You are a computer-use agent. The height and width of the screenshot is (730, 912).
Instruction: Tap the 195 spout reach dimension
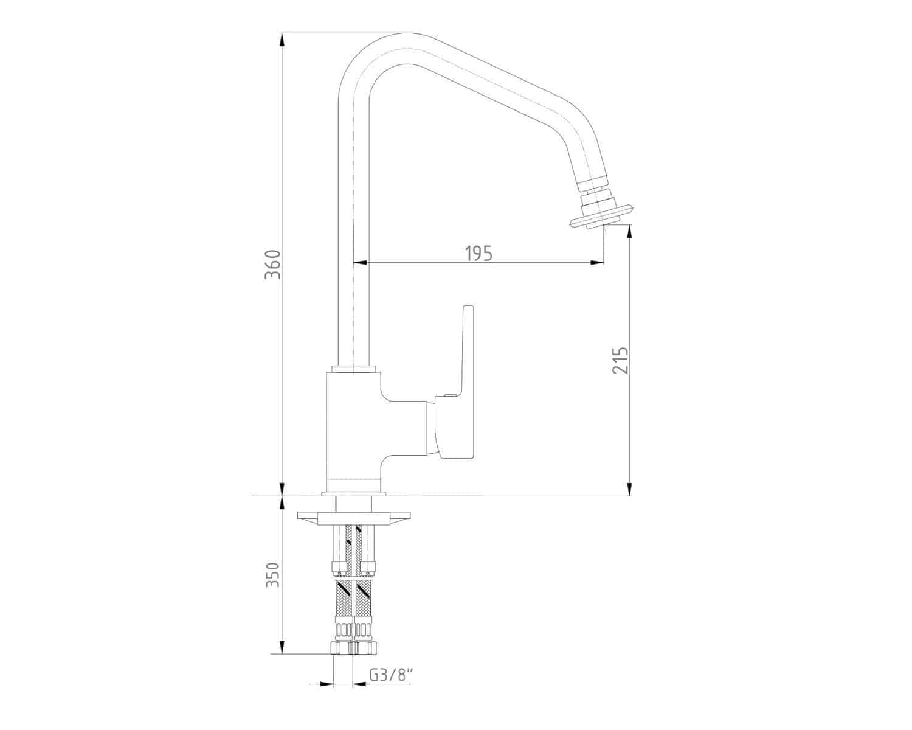(x=479, y=253)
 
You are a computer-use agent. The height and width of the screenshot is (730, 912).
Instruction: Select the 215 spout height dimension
(x=620, y=360)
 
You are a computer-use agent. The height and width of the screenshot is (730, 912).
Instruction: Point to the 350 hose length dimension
(x=273, y=574)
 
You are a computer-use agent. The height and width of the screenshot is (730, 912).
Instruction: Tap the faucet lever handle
(x=456, y=382)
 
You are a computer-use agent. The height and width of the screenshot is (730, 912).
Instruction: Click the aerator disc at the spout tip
(x=601, y=217)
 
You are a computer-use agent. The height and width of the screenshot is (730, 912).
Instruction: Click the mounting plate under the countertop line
(x=354, y=518)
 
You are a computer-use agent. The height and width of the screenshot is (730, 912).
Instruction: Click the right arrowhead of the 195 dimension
(x=597, y=263)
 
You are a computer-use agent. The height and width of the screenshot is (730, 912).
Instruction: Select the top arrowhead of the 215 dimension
(x=630, y=232)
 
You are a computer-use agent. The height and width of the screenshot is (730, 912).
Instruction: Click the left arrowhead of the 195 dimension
(x=360, y=263)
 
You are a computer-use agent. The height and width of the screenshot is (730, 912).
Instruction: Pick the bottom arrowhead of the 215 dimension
(x=630, y=488)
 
